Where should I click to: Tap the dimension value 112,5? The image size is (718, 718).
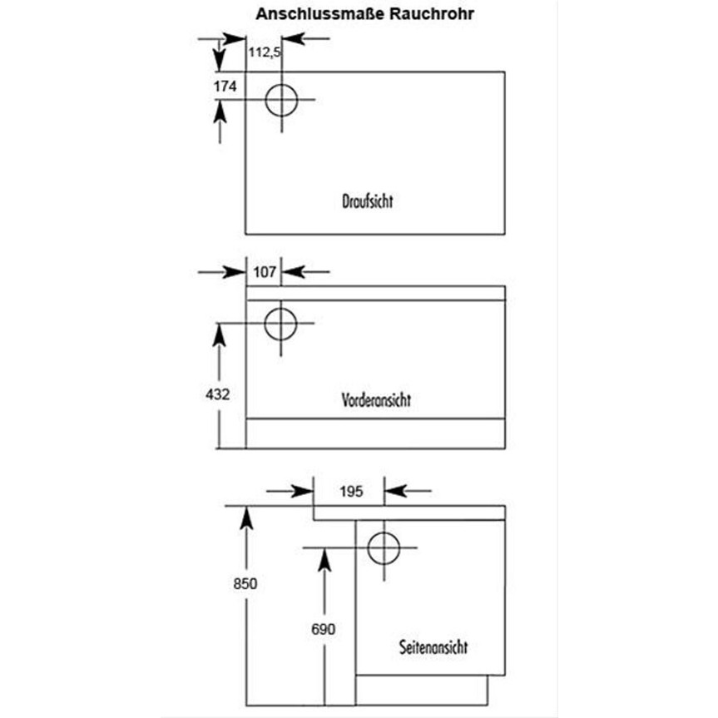265,52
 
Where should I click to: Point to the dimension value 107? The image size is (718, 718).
265,271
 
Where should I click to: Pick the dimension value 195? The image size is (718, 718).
351,491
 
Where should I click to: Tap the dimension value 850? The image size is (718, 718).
245,583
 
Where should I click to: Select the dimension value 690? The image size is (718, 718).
323,630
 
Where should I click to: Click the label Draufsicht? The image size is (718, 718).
367,201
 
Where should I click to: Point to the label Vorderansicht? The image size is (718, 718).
376,399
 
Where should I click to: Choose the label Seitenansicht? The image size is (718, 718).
433,646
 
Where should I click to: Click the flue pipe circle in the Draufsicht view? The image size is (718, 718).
281,100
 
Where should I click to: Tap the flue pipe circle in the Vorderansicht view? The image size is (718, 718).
280,323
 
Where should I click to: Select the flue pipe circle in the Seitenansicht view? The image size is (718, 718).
384,547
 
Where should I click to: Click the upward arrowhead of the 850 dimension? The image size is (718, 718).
245,517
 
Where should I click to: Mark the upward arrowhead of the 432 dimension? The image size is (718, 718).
219,334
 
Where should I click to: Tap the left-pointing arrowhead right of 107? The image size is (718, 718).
292,271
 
